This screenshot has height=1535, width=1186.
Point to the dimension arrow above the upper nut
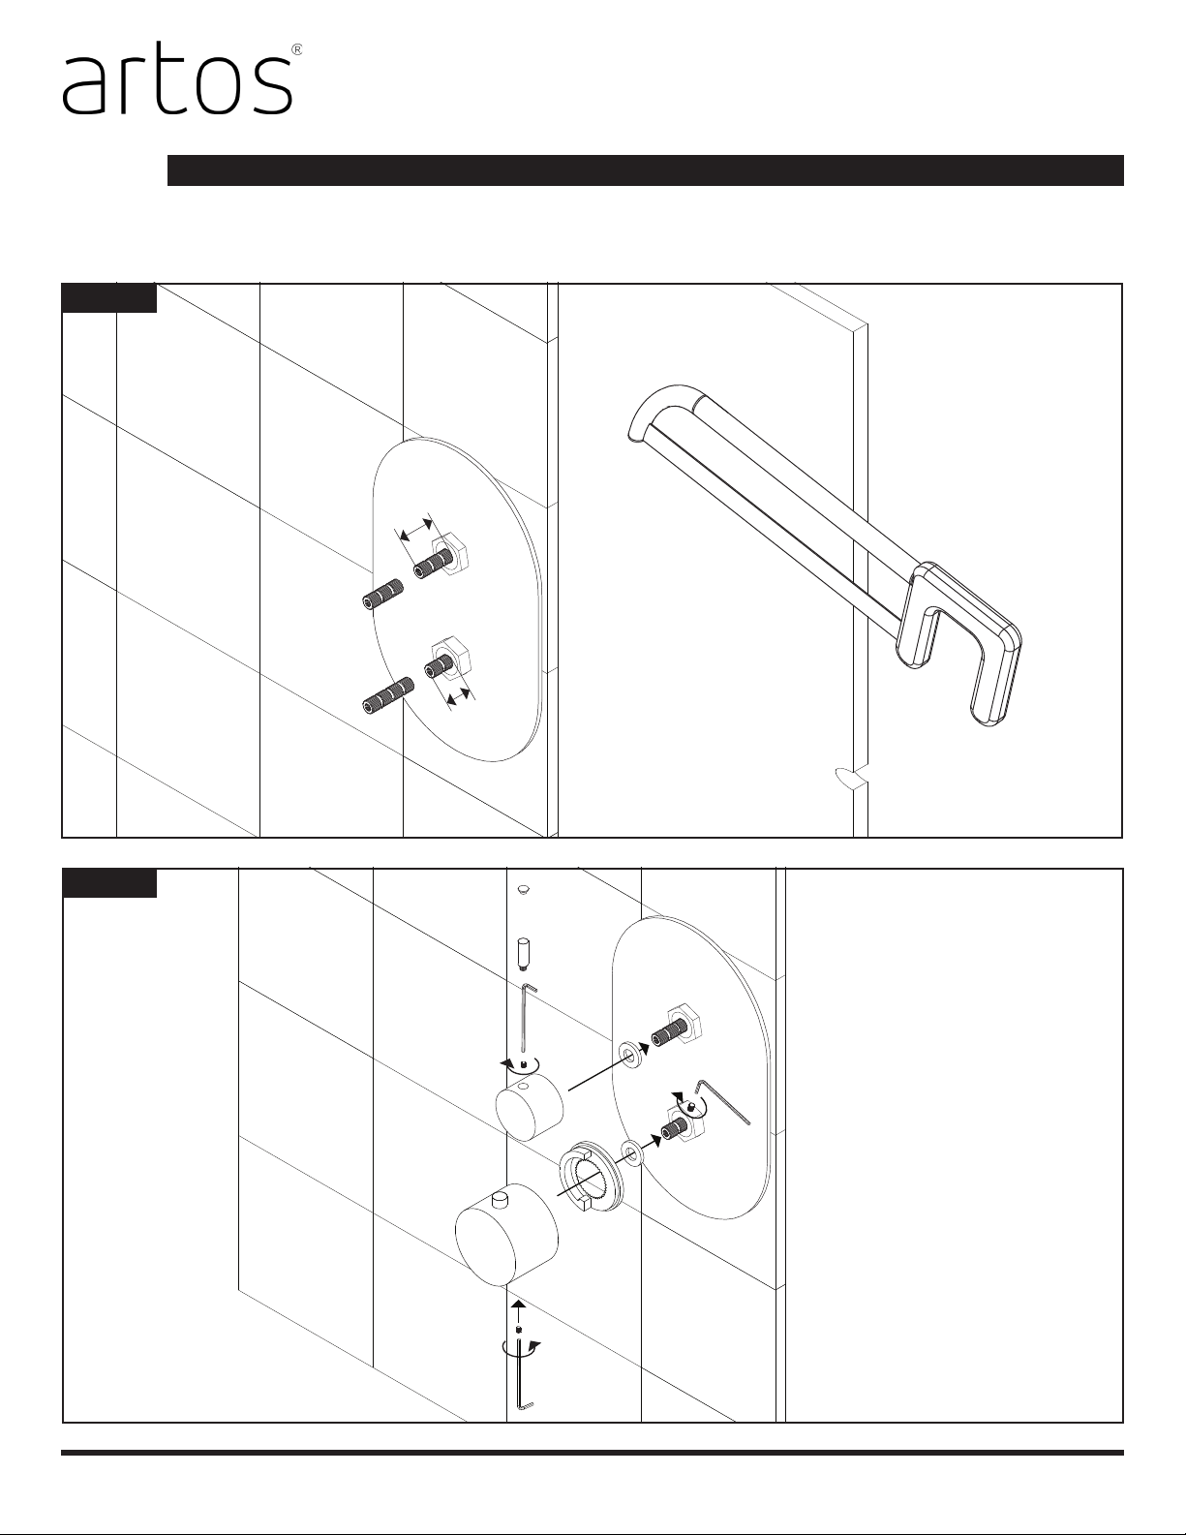[415, 529]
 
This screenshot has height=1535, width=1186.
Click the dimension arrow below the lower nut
[459, 695]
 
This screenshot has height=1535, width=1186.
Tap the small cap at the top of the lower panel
[523, 889]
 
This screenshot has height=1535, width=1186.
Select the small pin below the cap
[523, 953]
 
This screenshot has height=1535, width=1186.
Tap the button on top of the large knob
[502, 1198]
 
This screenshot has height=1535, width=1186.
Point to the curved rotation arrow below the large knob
[521, 1346]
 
